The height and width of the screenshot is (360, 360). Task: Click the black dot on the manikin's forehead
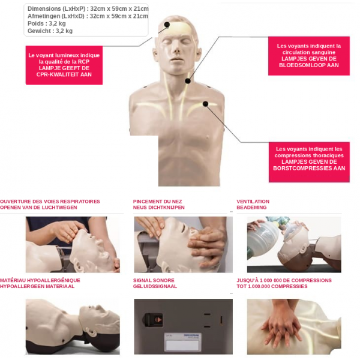(167, 25)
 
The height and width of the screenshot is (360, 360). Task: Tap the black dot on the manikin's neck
(188, 81)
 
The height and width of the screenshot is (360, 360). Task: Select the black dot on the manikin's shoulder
(205, 104)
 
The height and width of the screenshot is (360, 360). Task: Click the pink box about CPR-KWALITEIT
(64, 65)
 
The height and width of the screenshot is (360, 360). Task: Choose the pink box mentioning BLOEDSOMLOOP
(309, 56)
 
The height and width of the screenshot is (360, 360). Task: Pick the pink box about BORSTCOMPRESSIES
(309, 162)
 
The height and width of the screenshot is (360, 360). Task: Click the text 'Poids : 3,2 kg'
(47, 23)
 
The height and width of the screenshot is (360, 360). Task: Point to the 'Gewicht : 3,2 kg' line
(50, 31)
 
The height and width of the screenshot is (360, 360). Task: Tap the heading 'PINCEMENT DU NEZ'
(157, 202)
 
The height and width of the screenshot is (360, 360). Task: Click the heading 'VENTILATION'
(253, 202)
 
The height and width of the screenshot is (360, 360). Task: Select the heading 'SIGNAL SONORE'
(154, 280)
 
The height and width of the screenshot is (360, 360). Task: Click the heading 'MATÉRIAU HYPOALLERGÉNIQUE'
(40, 280)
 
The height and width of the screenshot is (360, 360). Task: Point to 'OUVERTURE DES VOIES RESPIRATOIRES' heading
(50, 202)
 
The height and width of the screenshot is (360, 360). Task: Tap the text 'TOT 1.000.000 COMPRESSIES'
(272, 286)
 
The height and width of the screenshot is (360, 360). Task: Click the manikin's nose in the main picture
(176, 47)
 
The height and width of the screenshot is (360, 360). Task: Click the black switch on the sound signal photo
(154, 319)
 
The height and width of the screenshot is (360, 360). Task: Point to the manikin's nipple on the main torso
(208, 137)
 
